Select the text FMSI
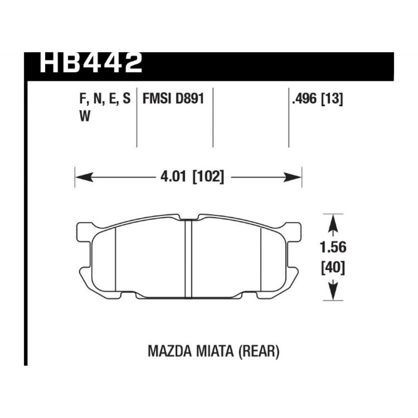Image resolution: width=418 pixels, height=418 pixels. [x=157, y=99]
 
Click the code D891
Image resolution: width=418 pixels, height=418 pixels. [x=189, y=99]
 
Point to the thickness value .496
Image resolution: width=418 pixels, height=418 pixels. [x=305, y=99]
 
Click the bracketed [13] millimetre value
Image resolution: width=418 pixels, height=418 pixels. [x=332, y=99]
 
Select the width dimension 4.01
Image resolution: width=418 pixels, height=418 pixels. [x=173, y=176]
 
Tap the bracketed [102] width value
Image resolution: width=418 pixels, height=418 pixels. [x=208, y=176]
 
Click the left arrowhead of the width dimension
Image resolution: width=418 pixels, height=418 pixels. [x=84, y=177]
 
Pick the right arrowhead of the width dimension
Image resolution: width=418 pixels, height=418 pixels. [x=292, y=177]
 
